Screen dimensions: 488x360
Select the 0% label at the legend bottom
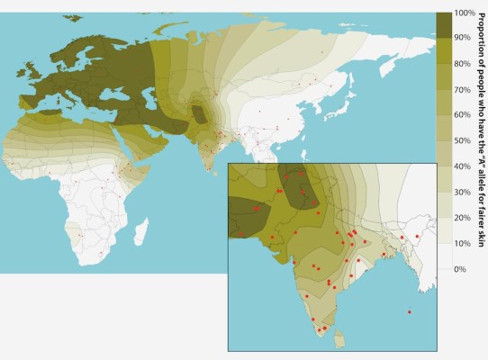coord(459,269)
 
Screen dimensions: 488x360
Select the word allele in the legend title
coord(479,168)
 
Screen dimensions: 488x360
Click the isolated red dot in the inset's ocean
coord(410,312)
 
